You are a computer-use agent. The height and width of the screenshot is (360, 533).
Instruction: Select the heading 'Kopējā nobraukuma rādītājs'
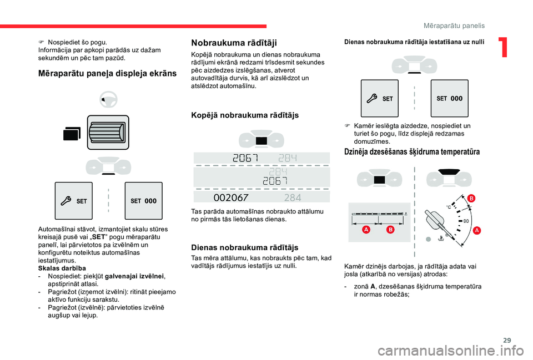[x=244, y=115]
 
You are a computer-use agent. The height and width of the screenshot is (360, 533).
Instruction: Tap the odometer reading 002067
[x=231, y=197]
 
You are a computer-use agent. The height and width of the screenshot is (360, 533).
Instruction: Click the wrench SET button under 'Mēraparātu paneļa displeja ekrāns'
[x=73, y=201]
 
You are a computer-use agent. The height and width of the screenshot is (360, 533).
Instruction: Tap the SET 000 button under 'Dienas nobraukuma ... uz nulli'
[x=449, y=98]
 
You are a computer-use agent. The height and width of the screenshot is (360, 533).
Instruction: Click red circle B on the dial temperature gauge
[x=470, y=198]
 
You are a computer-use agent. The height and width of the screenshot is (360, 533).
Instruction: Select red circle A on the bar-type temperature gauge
[x=367, y=229]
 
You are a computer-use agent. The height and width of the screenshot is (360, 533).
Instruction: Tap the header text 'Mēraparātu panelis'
[x=454, y=26]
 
